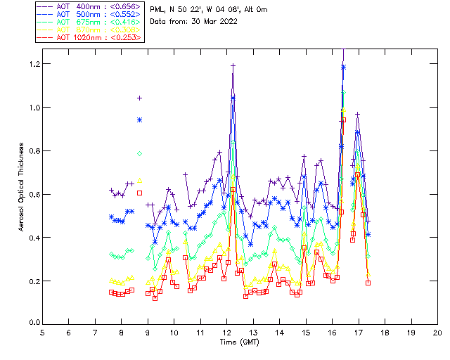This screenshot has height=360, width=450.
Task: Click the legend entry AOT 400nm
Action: (75, 6)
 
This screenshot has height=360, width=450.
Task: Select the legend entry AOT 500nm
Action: (75, 14)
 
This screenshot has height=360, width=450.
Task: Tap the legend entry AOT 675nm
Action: (75, 22)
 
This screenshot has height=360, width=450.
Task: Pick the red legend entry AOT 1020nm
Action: (77, 37)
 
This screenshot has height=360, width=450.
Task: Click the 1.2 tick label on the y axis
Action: (34, 64)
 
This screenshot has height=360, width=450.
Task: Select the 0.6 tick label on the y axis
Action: (34, 194)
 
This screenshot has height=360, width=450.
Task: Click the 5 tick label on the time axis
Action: (42, 332)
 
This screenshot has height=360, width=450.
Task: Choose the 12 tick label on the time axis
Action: (227, 332)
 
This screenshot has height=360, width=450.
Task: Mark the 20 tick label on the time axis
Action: (437, 332)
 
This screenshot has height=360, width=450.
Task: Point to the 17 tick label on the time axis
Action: (359, 332)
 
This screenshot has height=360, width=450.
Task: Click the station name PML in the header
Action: (157, 10)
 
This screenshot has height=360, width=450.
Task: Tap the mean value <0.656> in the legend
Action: (122, 6)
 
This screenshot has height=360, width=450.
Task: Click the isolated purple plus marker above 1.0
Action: (139, 98)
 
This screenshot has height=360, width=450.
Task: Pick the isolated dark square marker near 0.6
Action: (139, 193)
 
